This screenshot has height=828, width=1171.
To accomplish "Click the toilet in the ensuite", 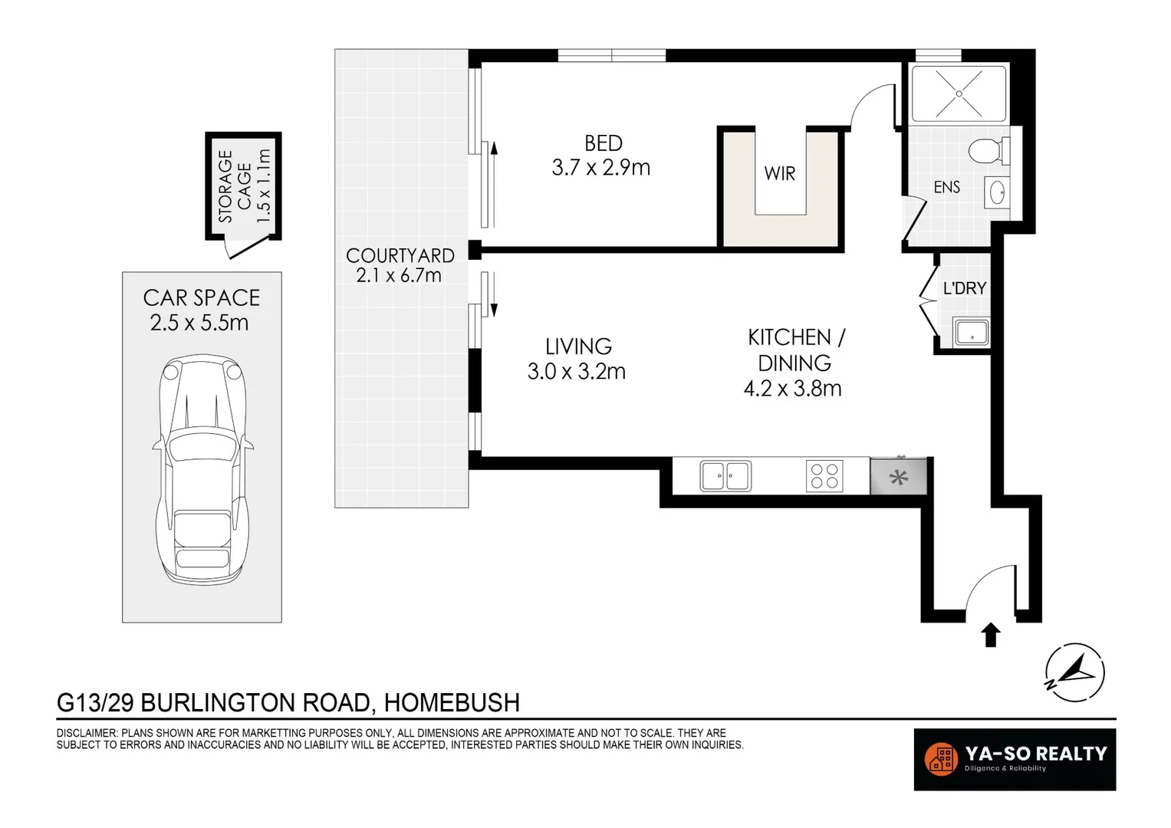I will tap(988, 151).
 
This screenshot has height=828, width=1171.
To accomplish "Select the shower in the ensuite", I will tap(958, 94).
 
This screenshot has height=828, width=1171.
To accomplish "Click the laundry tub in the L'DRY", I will tap(971, 333).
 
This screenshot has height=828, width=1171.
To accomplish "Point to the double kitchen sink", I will tap(725, 475).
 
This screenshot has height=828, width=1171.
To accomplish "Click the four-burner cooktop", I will tap(824, 475).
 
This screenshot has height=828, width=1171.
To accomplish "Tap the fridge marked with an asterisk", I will tap(898, 477).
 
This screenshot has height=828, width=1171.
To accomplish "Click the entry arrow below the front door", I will tap(991, 635).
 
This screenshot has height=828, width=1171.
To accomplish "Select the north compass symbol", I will tap(1074, 672).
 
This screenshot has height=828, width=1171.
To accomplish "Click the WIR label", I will tap(780, 174).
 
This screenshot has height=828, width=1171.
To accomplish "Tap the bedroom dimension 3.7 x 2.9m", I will tap(600, 168).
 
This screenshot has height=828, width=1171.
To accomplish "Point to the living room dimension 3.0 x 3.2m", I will tap(576, 372).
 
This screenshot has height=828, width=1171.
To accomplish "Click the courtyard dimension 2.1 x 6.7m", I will tap(399, 275).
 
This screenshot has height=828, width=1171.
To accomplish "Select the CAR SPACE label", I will tap(202, 297).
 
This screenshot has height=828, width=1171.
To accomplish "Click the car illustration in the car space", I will tap(202, 469).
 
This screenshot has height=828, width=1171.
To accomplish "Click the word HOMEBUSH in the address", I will tap(452, 702).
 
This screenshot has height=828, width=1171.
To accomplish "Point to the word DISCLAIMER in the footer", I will tap(86, 733).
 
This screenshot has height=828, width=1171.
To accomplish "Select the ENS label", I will tap(946, 187).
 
